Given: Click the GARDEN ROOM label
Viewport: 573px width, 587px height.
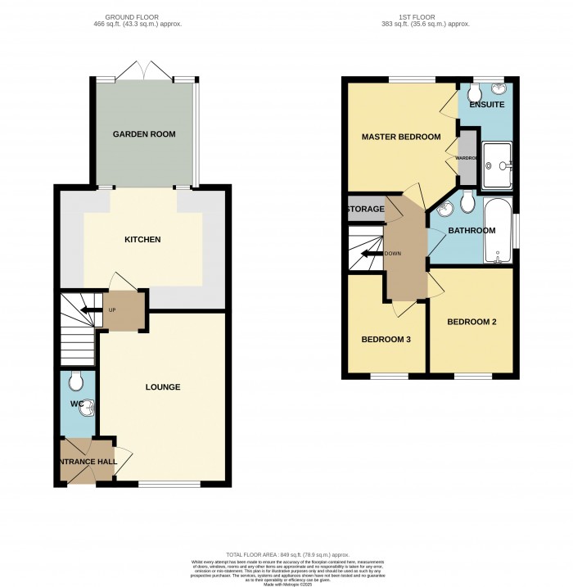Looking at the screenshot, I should pos(144,134).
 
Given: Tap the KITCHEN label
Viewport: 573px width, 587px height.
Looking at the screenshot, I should pos(142,240).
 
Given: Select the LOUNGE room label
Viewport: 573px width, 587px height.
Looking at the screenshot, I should pos(164,387).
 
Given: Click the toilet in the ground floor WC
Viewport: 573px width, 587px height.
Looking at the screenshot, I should pos(75,381).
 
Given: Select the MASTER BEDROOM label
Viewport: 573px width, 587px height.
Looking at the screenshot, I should pos(401,137).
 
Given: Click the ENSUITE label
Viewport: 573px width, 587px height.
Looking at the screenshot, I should pos(485,106).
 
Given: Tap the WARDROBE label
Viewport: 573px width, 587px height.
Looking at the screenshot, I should pos(467,157).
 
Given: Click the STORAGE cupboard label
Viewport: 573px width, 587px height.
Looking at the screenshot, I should pos(365,210).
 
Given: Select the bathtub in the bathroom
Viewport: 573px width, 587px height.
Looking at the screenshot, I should pos(497,232).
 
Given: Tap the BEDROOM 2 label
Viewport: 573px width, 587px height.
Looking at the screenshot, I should pos(471,322).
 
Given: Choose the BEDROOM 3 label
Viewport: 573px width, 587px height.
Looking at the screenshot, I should pos(386,339).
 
